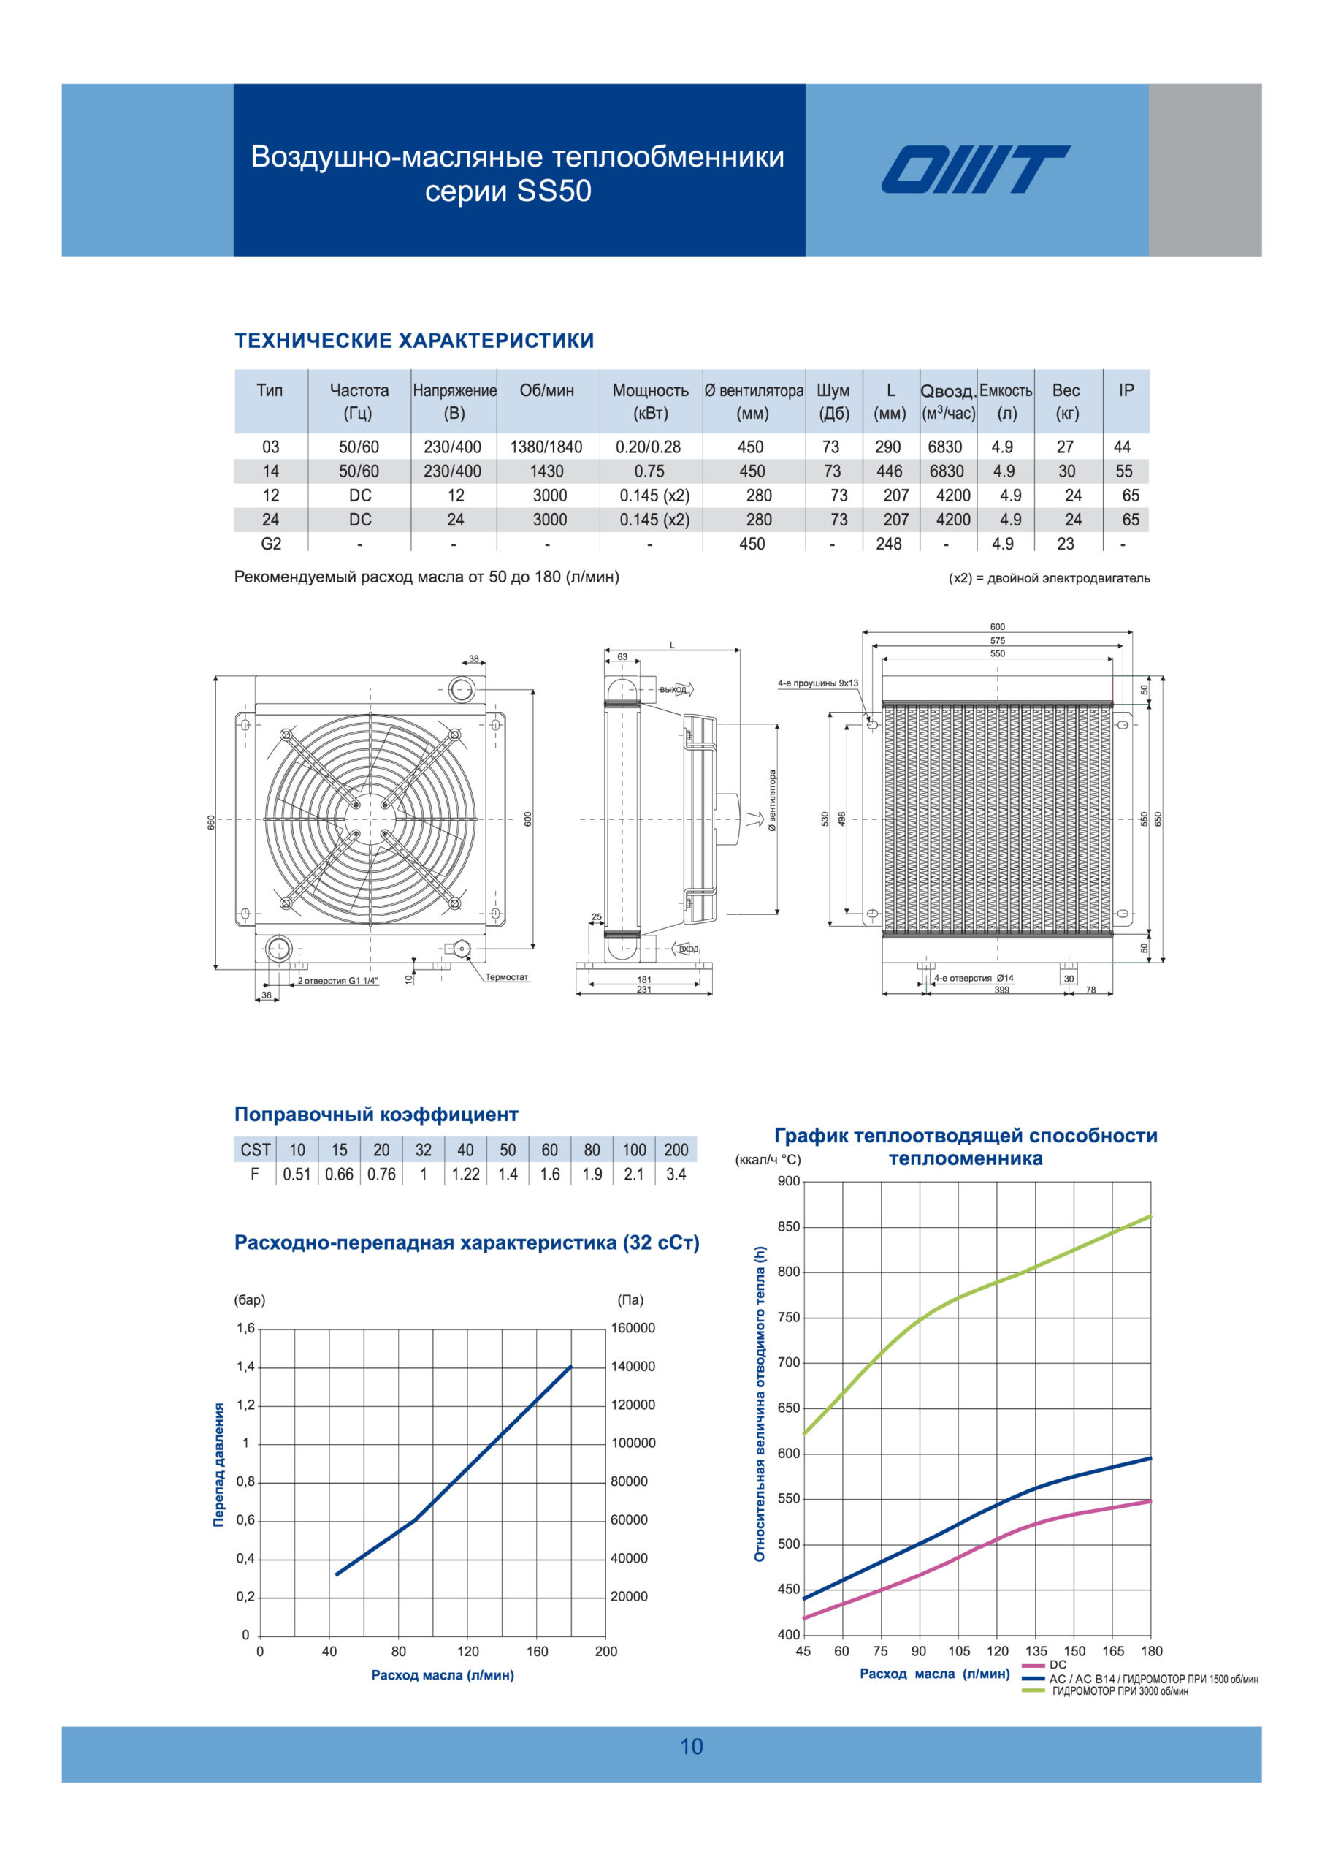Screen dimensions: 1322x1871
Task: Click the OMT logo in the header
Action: point(975,170)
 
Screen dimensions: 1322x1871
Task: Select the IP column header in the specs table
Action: point(1126,390)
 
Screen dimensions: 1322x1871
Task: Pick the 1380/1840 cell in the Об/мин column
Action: point(546,447)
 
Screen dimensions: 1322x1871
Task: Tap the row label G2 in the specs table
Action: point(271,544)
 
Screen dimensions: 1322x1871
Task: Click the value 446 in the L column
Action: point(889,471)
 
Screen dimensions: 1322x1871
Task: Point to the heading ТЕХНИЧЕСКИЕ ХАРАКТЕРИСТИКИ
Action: point(414,341)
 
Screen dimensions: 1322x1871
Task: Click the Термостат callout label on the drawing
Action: point(507,977)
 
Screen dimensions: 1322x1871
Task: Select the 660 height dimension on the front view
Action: point(211,822)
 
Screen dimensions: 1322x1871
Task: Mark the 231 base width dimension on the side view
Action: point(643,990)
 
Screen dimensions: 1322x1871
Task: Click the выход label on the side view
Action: point(673,689)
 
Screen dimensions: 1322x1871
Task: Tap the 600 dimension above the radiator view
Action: point(997,626)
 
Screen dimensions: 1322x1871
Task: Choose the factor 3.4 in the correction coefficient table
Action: point(676,1174)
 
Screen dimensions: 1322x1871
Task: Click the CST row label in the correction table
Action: point(255,1150)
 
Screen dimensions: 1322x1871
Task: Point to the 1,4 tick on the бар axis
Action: point(245,1367)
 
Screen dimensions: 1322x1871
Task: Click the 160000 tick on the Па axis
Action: point(633,1327)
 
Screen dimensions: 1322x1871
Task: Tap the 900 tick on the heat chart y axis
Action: point(789,1181)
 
